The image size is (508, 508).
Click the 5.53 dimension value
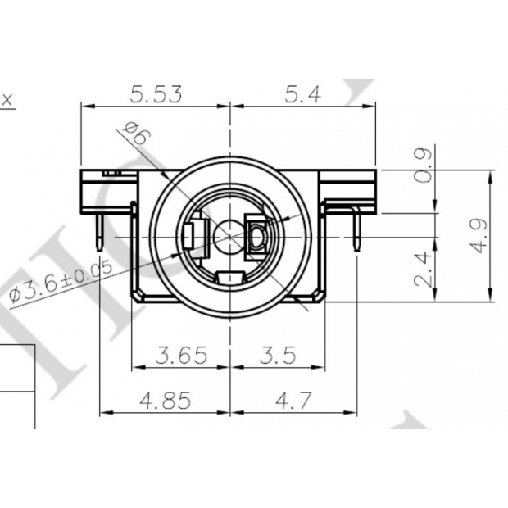point(156,94)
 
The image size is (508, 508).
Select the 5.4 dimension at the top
point(302,94)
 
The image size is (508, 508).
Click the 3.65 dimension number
point(182,356)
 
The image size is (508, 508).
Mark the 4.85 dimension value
point(166,401)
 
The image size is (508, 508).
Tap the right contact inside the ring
point(257,237)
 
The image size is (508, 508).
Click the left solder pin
point(98,234)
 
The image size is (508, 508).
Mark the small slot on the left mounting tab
point(111,174)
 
